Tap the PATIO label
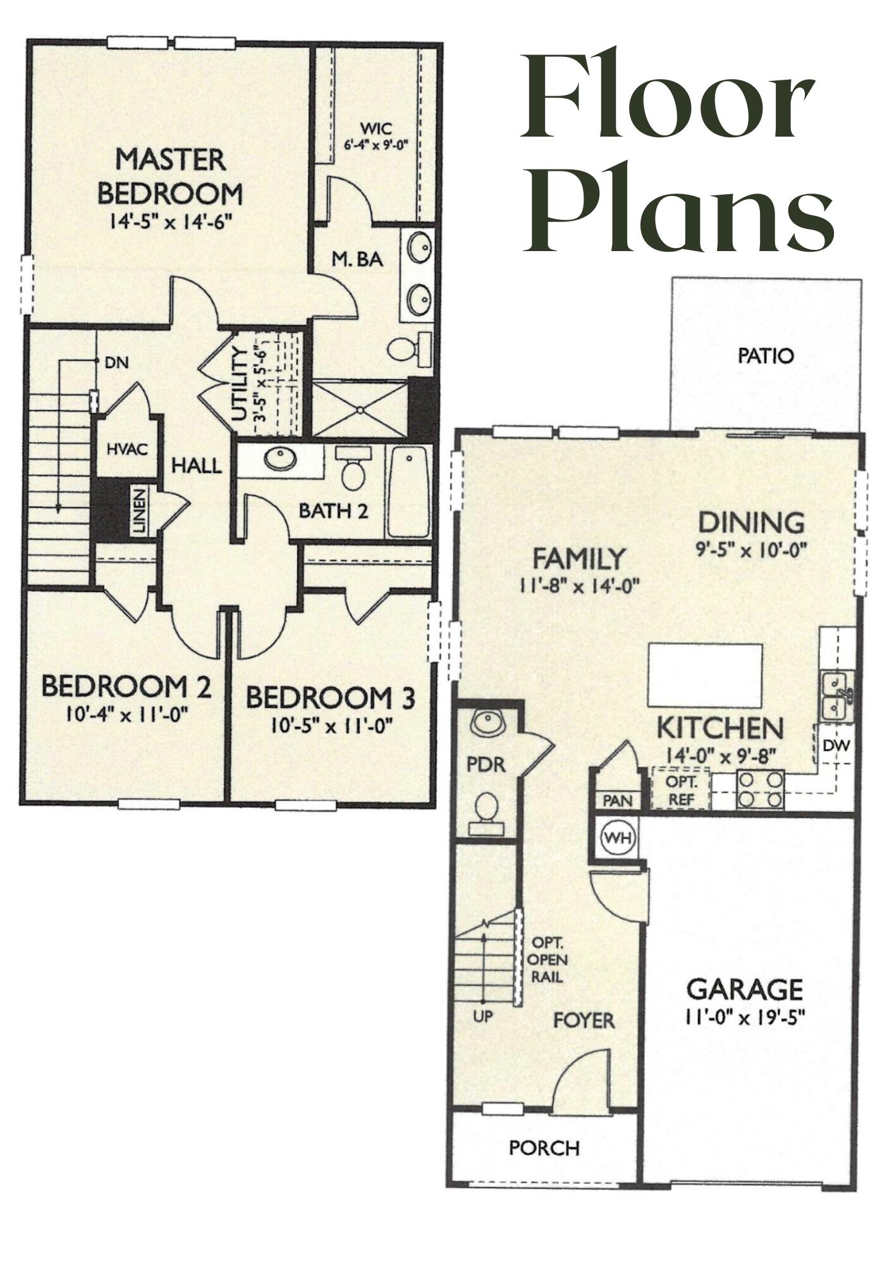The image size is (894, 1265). (765, 356)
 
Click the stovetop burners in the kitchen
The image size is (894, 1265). (761, 790)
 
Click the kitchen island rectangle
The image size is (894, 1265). (704, 675)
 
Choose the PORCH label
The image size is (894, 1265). (544, 1148)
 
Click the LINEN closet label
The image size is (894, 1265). (140, 510)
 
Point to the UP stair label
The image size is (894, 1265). (482, 1018)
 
